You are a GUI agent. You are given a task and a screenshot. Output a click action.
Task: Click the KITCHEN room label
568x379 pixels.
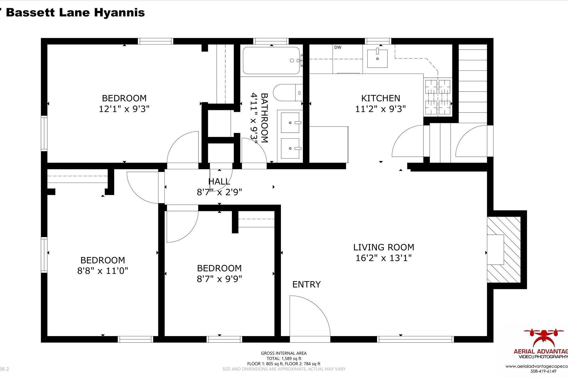click(381, 98)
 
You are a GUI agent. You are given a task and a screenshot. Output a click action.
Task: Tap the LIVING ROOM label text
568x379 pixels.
click(383, 247)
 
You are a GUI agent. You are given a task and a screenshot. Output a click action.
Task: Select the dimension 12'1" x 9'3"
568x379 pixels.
click(124, 109)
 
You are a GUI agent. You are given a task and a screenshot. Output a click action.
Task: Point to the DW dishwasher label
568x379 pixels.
click(338, 48)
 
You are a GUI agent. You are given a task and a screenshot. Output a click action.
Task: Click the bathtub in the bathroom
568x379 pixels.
click(271, 61)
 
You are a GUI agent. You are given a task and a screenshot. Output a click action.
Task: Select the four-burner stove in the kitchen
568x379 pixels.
click(437, 97)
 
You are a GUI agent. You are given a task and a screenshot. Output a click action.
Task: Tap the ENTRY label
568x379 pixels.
click(306, 285)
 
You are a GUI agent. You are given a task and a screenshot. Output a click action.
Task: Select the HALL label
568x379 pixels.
click(219, 182)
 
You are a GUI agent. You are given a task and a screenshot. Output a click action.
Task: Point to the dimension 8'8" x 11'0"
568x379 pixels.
click(103, 271)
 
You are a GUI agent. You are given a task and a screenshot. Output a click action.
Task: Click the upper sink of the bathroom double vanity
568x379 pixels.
click(290, 122)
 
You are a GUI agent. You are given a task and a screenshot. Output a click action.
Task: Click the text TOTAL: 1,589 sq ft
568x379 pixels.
click(284, 358)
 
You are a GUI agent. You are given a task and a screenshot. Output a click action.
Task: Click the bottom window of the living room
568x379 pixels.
click(415, 339)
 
